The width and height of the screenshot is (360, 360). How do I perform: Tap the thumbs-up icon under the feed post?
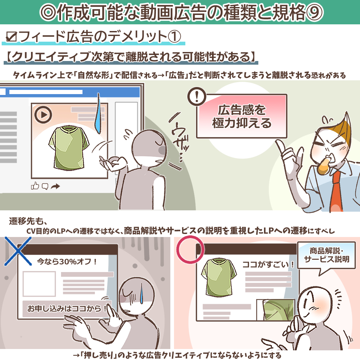click(35, 186)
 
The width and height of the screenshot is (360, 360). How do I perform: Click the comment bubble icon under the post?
click(45, 186)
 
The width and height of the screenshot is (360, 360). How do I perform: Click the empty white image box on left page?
click(39, 284)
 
